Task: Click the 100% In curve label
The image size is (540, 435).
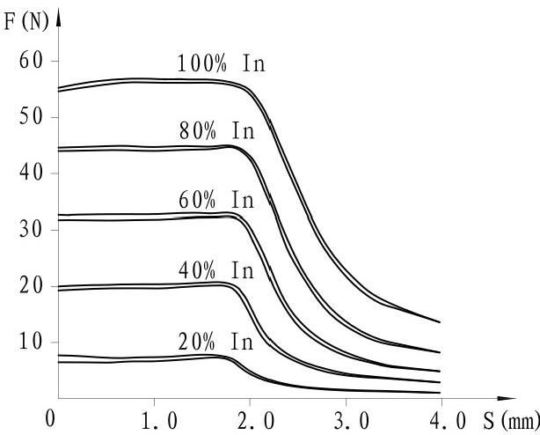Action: click(221, 64)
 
